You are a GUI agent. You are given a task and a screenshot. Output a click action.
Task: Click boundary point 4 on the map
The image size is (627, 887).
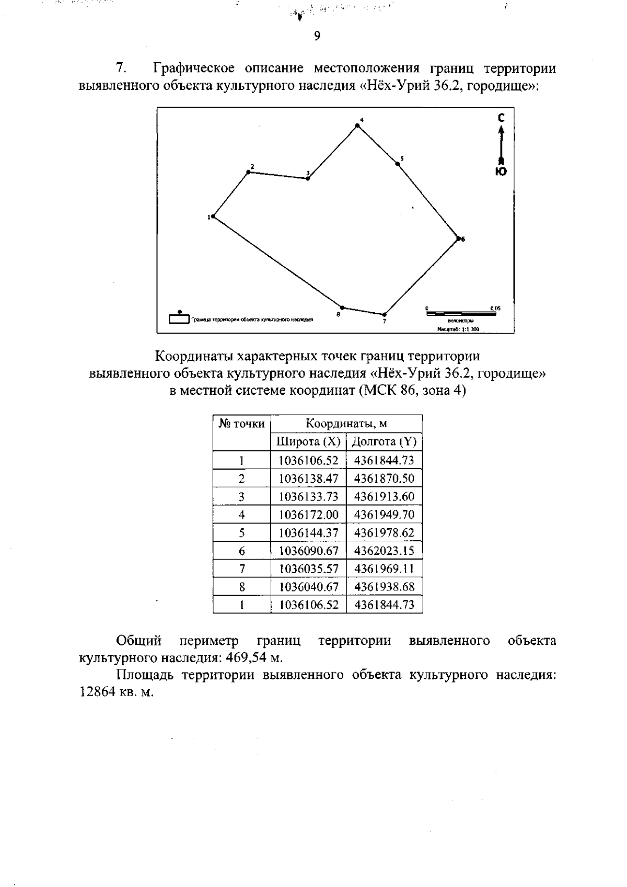click(x=357, y=125)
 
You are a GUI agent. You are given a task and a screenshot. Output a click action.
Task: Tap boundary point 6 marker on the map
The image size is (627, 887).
click(x=459, y=238)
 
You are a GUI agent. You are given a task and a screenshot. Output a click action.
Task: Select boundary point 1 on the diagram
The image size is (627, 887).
click(x=213, y=216)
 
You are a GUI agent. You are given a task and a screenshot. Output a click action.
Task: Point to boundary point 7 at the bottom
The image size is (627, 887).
click(x=384, y=314)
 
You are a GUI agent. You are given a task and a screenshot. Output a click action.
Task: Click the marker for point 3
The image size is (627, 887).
click(x=308, y=178)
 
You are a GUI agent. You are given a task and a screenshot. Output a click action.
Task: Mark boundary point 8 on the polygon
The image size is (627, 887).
click(x=342, y=308)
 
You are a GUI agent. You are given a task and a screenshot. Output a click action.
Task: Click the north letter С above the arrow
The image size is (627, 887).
click(x=501, y=118)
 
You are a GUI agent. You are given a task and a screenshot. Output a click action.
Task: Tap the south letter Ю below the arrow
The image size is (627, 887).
click(x=501, y=172)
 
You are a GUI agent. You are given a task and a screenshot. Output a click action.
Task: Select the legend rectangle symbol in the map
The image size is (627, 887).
click(x=179, y=319)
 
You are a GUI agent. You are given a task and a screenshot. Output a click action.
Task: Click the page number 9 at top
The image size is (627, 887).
click(x=317, y=36)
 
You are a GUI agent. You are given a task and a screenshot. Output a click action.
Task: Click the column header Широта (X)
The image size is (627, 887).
click(x=308, y=442)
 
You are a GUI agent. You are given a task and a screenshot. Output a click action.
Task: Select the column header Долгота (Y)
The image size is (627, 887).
click(x=384, y=442)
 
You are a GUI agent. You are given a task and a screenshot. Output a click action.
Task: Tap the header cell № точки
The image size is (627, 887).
click(x=241, y=424)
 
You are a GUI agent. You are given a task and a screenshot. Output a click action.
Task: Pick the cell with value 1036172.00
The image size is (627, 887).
click(x=308, y=515)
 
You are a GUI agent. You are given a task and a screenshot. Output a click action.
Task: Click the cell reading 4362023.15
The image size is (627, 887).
click(x=384, y=551)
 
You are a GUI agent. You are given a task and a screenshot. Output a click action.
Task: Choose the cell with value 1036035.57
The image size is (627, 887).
click(x=308, y=568)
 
